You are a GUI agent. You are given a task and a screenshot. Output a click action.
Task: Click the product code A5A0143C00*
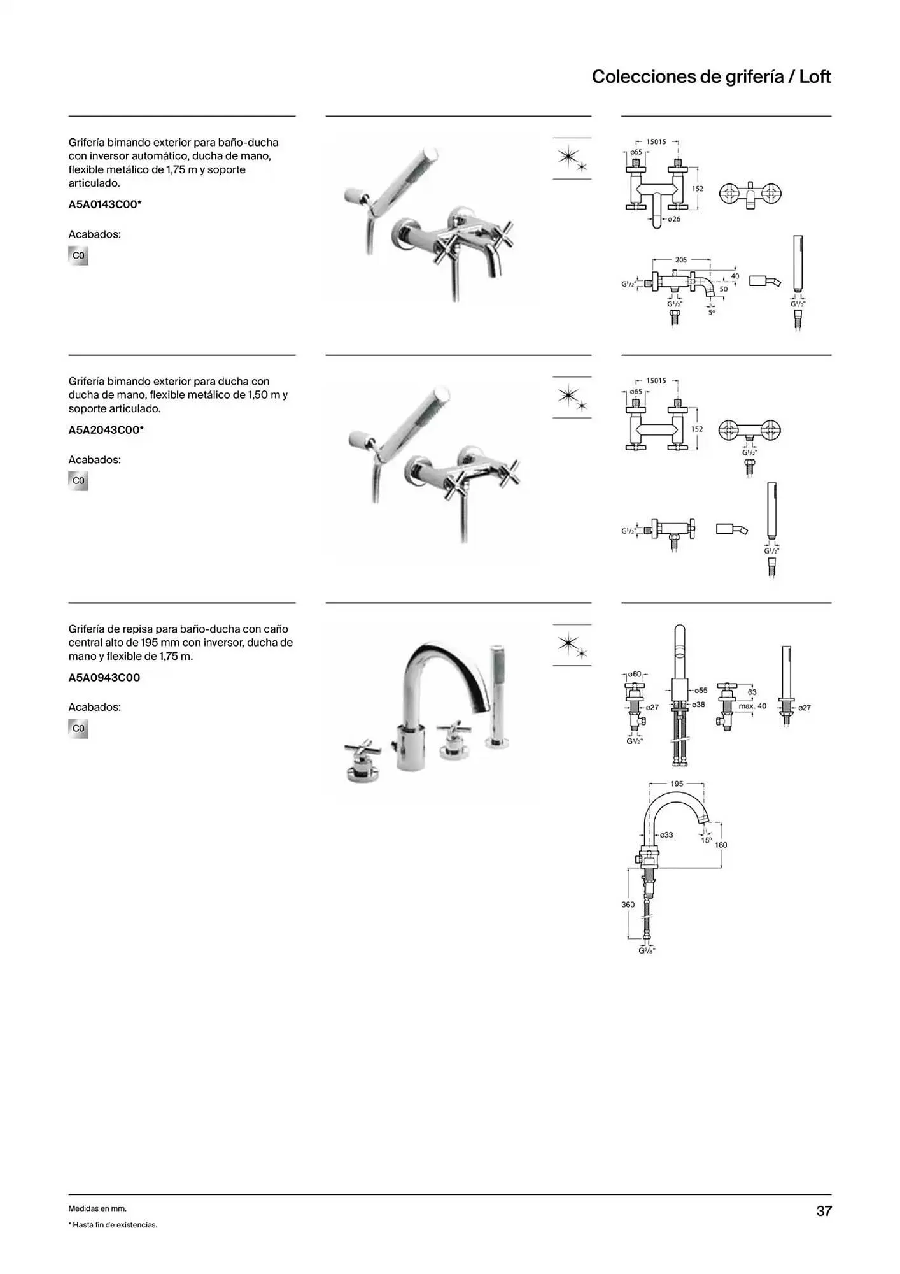point(105,204)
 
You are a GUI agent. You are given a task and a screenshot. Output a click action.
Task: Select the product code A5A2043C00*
point(106,430)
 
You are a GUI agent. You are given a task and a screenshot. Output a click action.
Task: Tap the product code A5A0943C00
point(104,678)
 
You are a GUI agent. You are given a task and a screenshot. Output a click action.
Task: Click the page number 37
point(824,1211)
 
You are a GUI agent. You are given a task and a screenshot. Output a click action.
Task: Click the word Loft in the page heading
point(815,77)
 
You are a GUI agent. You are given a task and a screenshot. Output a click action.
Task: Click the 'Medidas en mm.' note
point(97,1208)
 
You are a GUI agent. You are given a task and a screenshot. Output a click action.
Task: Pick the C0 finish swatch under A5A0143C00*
point(78,255)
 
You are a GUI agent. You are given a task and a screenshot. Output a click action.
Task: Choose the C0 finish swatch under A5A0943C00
point(78,728)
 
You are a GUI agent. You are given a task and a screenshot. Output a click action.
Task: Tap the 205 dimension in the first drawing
point(681,260)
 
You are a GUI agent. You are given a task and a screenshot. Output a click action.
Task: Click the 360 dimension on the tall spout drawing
point(628,905)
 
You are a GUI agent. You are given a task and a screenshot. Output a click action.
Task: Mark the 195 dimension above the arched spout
point(677,784)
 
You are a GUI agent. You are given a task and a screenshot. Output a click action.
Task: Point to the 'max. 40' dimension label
point(752,706)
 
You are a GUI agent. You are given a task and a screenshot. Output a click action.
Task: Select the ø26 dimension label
point(674,219)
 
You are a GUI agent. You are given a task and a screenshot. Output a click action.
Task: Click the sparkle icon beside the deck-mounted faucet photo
point(572,645)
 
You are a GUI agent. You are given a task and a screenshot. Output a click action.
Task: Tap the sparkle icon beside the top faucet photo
point(572,159)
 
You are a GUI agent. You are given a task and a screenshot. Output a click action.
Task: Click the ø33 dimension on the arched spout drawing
point(666,834)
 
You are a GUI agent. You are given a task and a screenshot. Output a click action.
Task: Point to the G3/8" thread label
point(647,950)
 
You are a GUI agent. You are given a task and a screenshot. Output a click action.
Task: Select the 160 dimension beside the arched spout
point(721,845)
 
